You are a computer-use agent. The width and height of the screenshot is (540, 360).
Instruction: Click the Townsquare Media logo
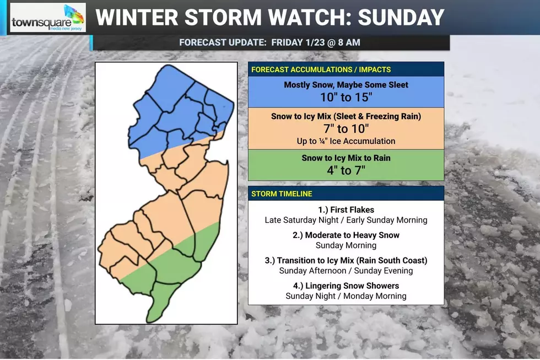click(48, 18)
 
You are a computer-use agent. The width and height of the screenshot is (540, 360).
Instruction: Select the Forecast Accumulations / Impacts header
click(321, 69)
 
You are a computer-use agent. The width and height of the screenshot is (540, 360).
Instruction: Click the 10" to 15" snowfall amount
click(345, 98)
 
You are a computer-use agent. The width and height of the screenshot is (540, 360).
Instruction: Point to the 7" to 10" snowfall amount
click(345, 129)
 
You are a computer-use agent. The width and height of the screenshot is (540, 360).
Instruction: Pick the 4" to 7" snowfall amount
click(345, 170)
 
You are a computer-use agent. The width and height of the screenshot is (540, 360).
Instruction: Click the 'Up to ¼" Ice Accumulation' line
click(345, 141)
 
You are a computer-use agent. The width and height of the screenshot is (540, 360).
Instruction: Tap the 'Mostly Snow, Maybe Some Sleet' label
click(345, 85)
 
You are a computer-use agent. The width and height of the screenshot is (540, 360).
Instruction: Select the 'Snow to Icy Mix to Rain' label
click(345, 158)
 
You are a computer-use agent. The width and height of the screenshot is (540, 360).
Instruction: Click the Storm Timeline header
click(282, 194)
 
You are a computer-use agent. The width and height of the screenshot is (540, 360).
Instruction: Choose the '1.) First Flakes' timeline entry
click(345, 210)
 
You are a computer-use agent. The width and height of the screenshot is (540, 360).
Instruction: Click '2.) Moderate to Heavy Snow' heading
click(345, 235)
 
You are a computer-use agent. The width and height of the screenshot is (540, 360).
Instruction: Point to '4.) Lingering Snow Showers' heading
click(345, 286)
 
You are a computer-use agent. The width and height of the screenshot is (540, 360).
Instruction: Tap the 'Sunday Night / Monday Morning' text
click(345, 296)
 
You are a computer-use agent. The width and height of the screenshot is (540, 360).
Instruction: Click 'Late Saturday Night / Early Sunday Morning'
click(345, 220)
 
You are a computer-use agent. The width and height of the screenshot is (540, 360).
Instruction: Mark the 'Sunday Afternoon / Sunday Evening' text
click(345, 271)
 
